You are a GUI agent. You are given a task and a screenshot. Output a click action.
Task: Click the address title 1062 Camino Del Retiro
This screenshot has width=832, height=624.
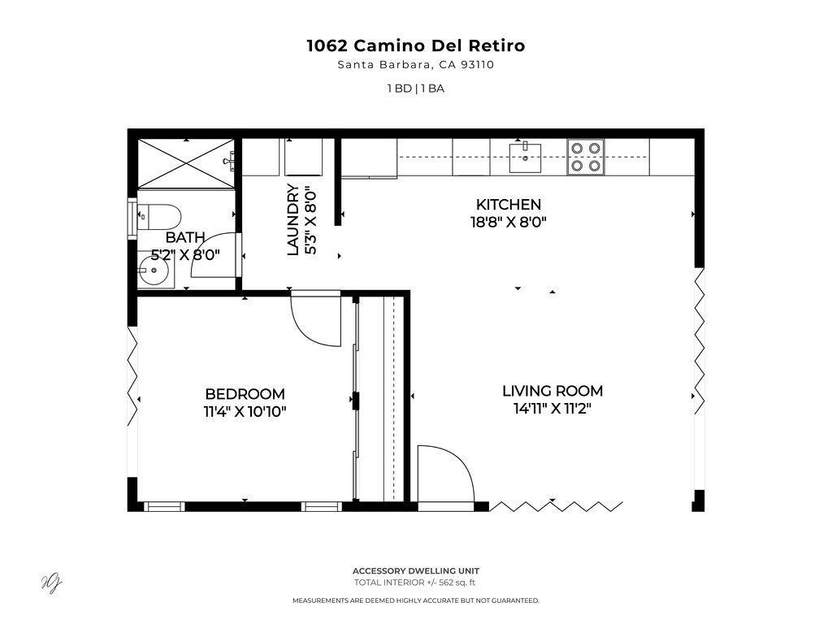click(416, 45)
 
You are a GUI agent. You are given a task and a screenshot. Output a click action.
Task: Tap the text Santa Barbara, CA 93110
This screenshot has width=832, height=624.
click(416, 65)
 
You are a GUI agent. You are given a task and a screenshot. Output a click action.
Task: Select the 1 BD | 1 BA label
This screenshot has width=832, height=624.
click(416, 89)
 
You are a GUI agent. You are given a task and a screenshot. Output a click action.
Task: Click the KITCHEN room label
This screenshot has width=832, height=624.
click(509, 204)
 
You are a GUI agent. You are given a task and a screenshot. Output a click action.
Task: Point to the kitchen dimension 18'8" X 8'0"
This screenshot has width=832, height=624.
click(509, 222)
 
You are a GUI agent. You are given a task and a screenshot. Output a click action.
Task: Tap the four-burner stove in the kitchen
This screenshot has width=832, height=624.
click(586, 157)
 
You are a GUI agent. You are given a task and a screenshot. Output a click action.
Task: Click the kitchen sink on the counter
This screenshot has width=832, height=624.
click(526, 157)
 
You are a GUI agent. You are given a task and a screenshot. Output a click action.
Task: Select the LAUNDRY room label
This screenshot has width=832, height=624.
click(292, 219)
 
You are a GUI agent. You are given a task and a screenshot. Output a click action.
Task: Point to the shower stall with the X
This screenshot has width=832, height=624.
click(186, 163)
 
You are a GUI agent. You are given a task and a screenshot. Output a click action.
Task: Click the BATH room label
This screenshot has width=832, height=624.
click(185, 237)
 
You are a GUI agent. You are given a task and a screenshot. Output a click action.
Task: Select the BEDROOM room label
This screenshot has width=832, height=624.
click(245, 394)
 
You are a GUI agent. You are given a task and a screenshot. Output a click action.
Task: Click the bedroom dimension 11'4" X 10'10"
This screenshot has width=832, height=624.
click(245, 412)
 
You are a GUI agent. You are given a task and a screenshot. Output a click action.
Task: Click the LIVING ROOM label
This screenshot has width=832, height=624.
click(552, 391)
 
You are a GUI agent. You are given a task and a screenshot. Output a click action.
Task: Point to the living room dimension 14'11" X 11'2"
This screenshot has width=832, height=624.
click(552, 409)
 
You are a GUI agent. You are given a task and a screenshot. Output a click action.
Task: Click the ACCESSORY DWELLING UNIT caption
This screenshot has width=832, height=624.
click(416, 571)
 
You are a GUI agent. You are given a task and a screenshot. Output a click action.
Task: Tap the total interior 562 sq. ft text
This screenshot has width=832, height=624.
click(415, 583)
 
